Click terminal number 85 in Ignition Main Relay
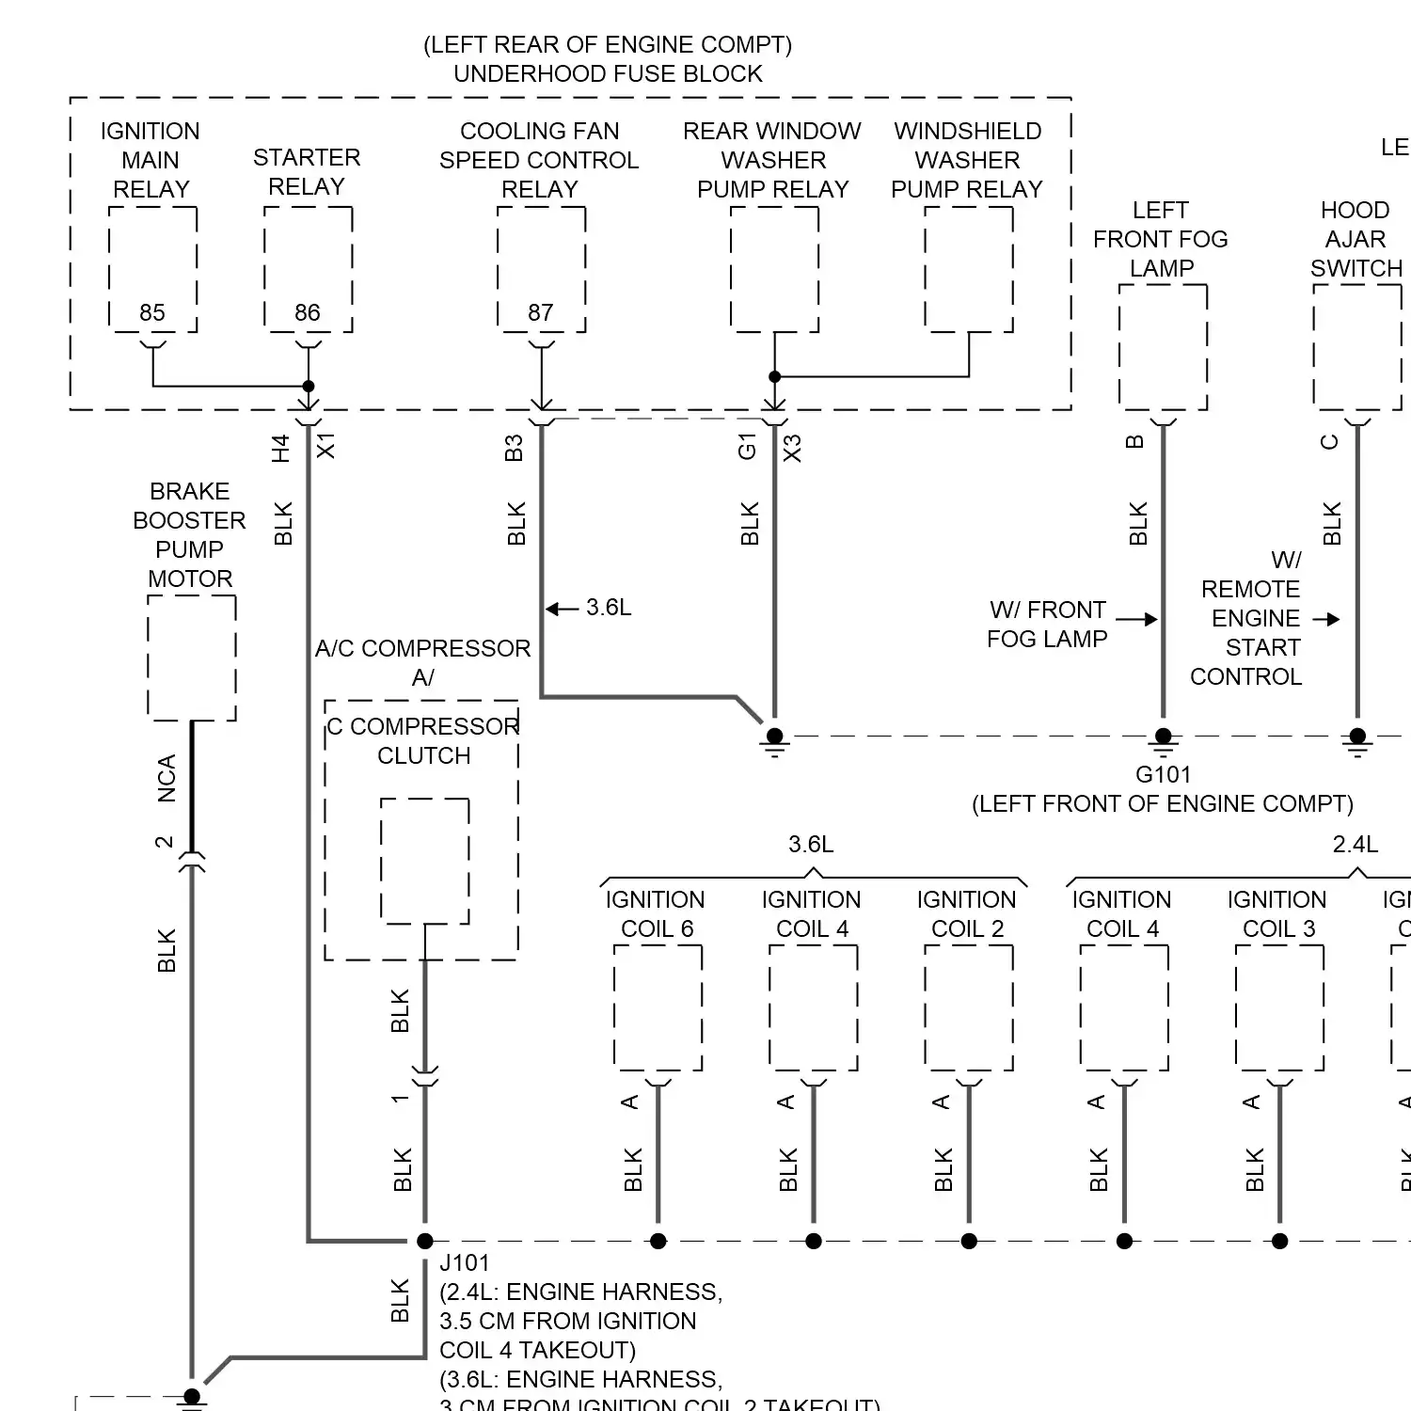pyautogui.click(x=152, y=312)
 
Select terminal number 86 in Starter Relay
pyautogui.click(x=308, y=312)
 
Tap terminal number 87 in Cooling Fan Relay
pyautogui.click(x=541, y=312)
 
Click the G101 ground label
pyautogui.click(x=1163, y=774)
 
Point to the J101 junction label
pyautogui.click(x=465, y=1262)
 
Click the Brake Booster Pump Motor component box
pyautogui.click(x=192, y=658)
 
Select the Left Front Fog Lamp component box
pyautogui.click(x=1163, y=347)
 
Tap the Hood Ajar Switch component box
pyautogui.click(x=1357, y=347)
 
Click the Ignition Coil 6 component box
pyautogui.click(x=658, y=1007)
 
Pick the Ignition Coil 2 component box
pyautogui.click(x=969, y=1007)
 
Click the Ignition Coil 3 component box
pyautogui.click(x=1279, y=1007)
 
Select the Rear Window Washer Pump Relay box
pyautogui.click(x=774, y=269)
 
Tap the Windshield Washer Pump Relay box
pyautogui.click(x=969, y=269)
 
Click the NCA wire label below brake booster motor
pyautogui.click(x=166, y=778)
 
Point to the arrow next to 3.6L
pyautogui.click(x=562, y=609)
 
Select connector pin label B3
pyautogui.click(x=514, y=448)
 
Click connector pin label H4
pyautogui.click(x=280, y=448)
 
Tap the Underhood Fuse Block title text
pyautogui.click(x=608, y=73)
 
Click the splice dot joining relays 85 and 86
pyautogui.click(x=308, y=386)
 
